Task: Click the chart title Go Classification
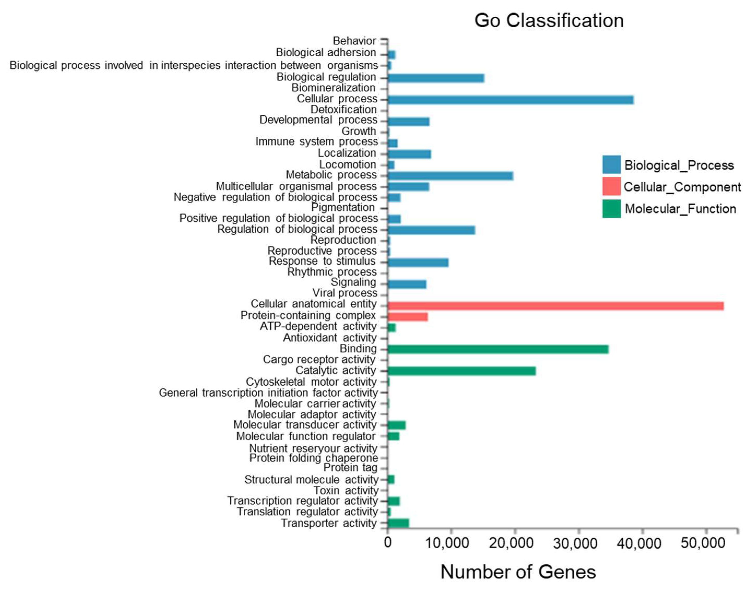(549, 21)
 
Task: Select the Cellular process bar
(510, 100)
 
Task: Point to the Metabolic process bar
(450, 176)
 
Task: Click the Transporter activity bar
(398, 523)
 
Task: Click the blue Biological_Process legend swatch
(611, 165)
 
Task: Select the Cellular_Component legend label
(682, 187)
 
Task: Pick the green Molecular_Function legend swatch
(611, 209)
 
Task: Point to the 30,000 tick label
(575, 543)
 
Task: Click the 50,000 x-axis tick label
(702, 543)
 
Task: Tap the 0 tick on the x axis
(388, 543)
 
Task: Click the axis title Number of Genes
(518, 572)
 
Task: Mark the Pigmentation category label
(343, 208)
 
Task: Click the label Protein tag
(350, 468)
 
